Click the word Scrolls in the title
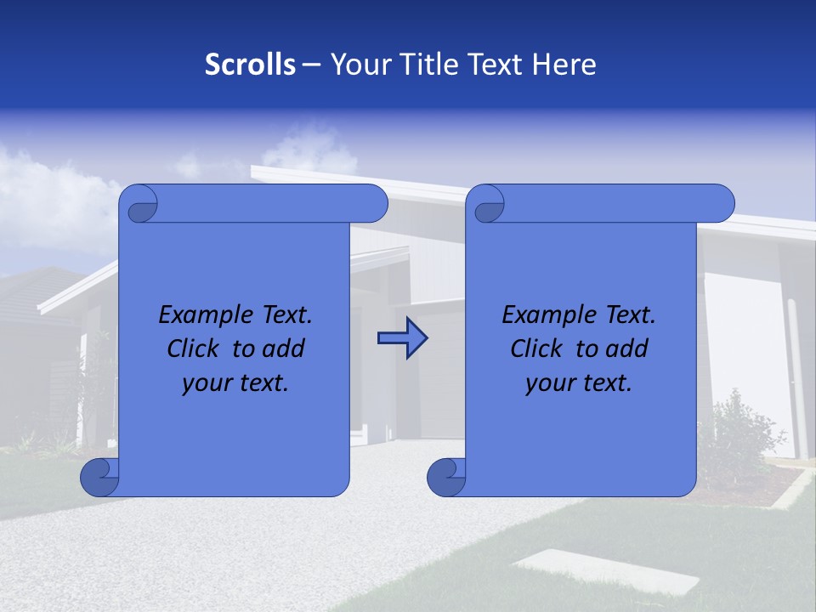pyautogui.click(x=250, y=65)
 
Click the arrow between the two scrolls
pyautogui.click(x=402, y=339)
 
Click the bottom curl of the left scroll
pyautogui.click(x=99, y=477)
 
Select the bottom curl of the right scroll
pyautogui.click(x=445, y=477)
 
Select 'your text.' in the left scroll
pyautogui.click(x=235, y=382)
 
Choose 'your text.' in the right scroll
pyautogui.click(x=579, y=382)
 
